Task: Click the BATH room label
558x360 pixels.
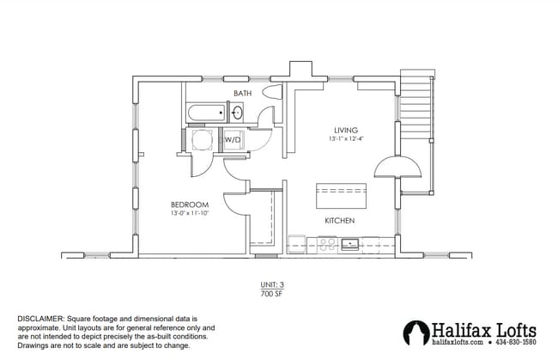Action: tap(243, 92)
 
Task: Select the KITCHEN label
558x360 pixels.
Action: tap(340, 221)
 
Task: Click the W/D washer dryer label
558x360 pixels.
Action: tap(233, 139)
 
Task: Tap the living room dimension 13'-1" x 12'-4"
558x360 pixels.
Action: tap(346, 138)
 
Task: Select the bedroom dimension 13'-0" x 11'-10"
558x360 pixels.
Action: tap(189, 212)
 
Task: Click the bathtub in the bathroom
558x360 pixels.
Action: tap(204, 113)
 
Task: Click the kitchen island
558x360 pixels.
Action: tap(340, 195)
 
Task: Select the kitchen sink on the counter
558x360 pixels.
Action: tap(350, 244)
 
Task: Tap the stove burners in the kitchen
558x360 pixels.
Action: tap(326, 244)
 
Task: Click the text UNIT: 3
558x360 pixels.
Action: tap(272, 284)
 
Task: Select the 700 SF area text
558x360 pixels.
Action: tap(272, 293)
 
